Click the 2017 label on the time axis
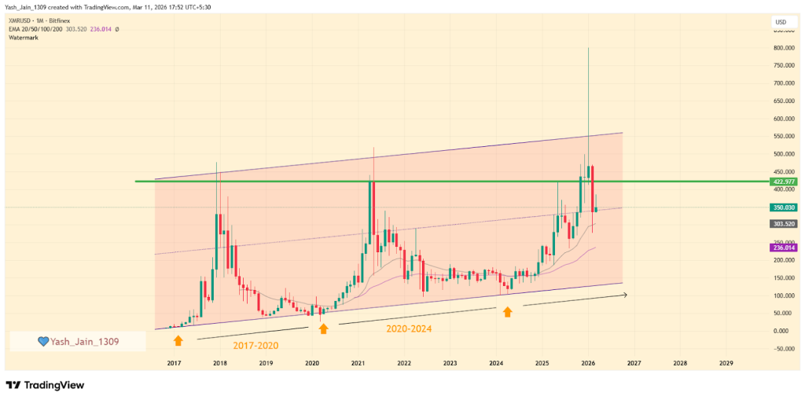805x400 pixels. [x=174, y=364]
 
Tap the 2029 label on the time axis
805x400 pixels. [x=726, y=364]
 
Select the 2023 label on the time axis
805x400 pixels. [x=450, y=364]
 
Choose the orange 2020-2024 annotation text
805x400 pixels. [x=408, y=328]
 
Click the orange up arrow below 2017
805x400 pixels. [x=178, y=340]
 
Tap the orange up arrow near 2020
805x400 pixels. [x=323, y=328]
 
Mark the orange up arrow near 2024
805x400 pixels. [x=508, y=312]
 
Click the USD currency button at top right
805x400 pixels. [x=781, y=22]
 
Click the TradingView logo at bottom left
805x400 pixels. [x=46, y=385]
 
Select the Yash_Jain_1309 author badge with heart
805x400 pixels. [x=77, y=341]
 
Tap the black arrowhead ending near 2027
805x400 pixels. [x=625, y=295]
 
